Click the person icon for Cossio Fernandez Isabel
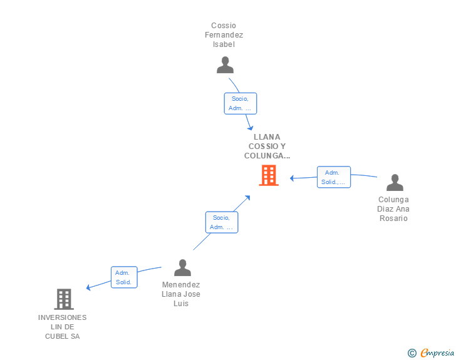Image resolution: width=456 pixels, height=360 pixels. (225, 65)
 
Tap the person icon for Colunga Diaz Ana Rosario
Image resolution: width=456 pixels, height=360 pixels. (395, 183)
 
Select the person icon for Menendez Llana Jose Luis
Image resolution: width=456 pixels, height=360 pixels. (182, 268)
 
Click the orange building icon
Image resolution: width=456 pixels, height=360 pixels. (268, 175)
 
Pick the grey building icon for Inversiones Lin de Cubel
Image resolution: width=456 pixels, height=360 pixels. (63, 299)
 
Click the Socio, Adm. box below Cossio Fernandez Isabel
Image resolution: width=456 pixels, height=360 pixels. (241, 103)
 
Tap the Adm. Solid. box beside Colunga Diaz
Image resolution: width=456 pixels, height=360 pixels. (334, 177)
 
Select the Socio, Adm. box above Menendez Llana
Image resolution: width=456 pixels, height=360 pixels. (222, 222)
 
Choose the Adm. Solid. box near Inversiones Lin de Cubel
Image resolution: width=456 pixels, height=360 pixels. (124, 277)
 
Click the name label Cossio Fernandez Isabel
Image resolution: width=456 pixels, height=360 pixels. (224, 35)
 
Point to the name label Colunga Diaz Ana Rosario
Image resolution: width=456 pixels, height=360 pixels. (393, 208)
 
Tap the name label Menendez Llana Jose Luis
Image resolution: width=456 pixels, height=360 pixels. (181, 294)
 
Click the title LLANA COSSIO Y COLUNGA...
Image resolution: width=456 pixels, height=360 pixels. (267, 146)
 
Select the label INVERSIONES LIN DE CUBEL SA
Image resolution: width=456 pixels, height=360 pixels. (63, 327)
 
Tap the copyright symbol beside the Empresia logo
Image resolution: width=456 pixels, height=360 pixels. (412, 353)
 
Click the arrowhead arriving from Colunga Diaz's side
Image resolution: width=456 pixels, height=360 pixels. (293, 178)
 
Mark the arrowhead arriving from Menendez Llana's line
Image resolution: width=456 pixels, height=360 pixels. (247, 198)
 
